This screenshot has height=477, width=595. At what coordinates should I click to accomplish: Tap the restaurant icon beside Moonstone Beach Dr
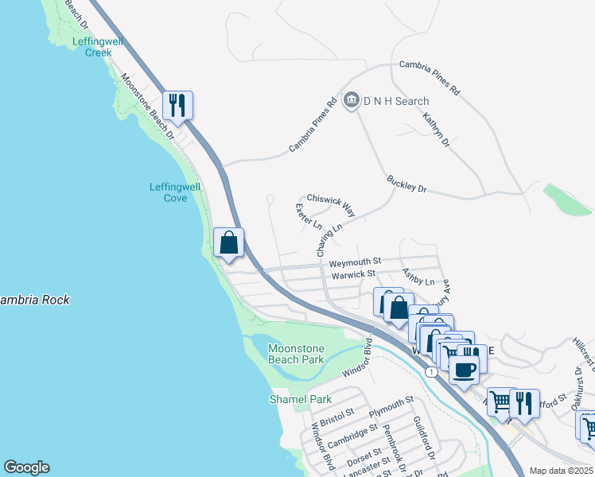(x=177, y=105)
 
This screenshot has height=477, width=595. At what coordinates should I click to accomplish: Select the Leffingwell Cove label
(x=176, y=192)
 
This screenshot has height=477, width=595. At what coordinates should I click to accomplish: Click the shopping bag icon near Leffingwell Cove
(x=228, y=242)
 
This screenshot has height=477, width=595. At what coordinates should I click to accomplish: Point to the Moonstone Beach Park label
(x=296, y=355)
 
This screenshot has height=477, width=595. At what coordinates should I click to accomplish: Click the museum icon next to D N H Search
(x=352, y=101)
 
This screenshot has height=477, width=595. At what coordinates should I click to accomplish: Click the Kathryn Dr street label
(x=436, y=130)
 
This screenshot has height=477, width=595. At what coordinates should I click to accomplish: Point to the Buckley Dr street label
(x=407, y=184)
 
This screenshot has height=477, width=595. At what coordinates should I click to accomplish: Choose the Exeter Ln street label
(x=308, y=217)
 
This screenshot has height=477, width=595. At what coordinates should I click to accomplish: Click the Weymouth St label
(x=355, y=261)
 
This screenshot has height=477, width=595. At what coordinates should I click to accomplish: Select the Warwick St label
(x=353, y=274)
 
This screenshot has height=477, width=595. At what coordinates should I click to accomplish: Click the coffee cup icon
(x=465, y=368)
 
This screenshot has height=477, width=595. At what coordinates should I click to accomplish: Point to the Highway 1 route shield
(x=431, y=371)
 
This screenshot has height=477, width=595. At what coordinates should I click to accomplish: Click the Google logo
(x=26, y=467)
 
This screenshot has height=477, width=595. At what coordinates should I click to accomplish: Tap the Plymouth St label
(x=391, y=406)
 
